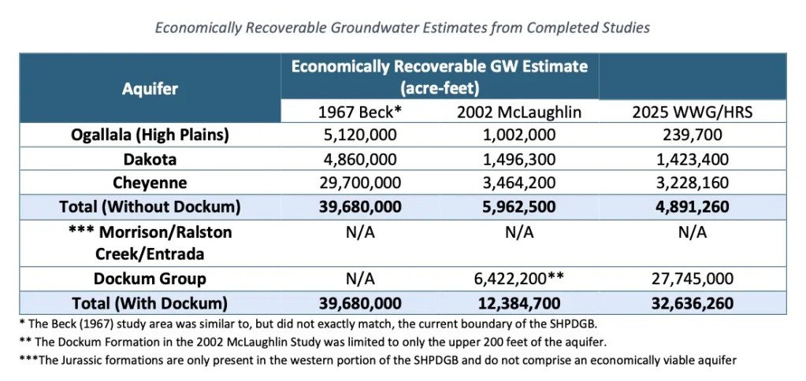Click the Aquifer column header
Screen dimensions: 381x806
[x=150, y=88]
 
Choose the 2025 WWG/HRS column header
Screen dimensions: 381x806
[x=693, y=112]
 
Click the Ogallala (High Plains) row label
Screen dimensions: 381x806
[x=150, y=135]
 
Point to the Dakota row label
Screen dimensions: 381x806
[x=150, y=159]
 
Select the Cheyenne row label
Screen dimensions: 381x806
[x=150, y=183]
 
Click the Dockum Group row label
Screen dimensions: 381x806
[x=150, y=279]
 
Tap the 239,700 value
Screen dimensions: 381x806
[x=693, y=135]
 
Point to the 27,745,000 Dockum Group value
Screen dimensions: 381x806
[x=693, y=279]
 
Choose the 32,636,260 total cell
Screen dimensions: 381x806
[x=693, y=303]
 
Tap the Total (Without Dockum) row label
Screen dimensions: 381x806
[x=150, y=207]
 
